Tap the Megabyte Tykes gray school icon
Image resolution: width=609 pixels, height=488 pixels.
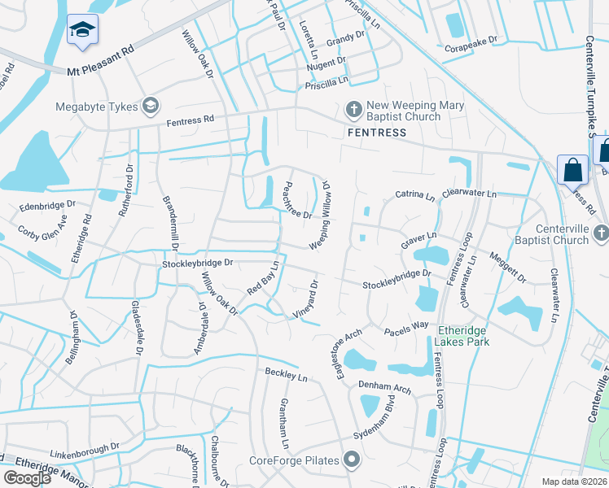(150, 106)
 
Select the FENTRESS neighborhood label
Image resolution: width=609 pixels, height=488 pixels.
(376, 133)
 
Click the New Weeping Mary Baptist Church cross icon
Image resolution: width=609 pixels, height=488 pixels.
(353, 108)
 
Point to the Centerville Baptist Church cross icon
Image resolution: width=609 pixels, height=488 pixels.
(601, 233)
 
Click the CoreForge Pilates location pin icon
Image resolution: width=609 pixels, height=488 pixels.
(352, 461)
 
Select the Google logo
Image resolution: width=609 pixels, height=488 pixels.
(27, 478)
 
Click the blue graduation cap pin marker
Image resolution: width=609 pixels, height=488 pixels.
(81, 30)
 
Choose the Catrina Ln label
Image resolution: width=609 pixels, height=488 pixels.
(416, 195)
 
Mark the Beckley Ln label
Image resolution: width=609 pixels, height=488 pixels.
(286, 376)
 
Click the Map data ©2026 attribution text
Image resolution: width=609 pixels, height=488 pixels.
(574, 481)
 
